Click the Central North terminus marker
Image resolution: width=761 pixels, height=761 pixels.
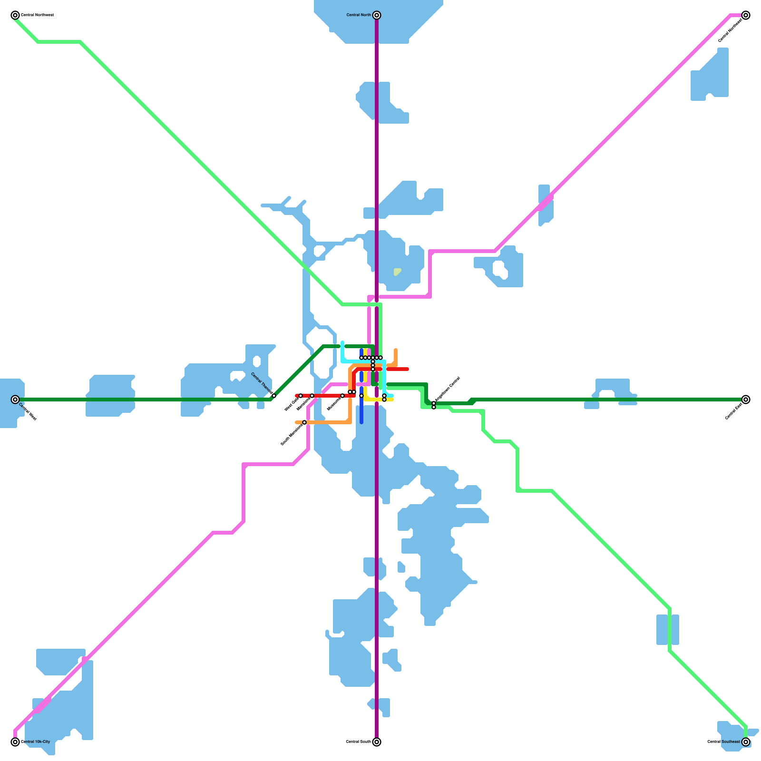click(x=377, y=15)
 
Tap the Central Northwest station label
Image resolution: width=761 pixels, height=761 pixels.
click(x=37, y=15)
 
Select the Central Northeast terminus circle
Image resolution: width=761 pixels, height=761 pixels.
click(x=746, y=15)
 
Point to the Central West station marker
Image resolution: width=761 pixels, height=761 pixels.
click(x=15, y=400)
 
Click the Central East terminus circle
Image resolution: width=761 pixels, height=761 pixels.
click(x=746, y=400)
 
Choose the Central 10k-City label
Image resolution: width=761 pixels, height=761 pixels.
click(x=35, y=742)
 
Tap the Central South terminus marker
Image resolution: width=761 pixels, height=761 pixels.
click(x=377, y=742)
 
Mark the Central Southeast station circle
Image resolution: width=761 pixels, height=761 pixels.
click(x=746, y=742)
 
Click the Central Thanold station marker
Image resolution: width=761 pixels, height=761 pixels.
click(x=274, y=396)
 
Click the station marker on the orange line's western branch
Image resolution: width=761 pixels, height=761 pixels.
click(x=304, y=422)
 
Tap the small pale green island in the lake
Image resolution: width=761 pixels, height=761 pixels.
click(x=397, y=272)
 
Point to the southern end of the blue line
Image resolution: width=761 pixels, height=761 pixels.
click(x=361, y=422)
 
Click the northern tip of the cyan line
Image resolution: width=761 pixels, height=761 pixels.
click(x=342, y=342)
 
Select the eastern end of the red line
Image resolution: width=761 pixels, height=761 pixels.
click(x=408, y=369)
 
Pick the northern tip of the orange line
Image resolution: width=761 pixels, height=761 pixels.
click(x=396, y=350)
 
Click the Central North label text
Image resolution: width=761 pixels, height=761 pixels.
click(x=359, y=15)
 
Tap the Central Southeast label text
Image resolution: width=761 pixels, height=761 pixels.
click(x=723, y=742)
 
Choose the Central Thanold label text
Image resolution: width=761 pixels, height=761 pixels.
click(x=262, y=383)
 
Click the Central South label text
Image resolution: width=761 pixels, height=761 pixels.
click(x=358, y=742)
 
